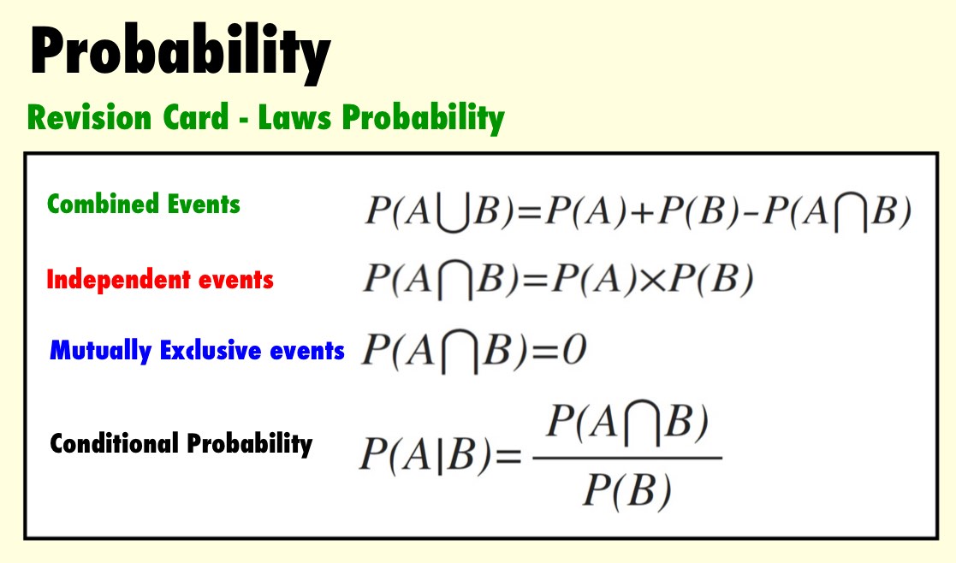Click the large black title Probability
181,54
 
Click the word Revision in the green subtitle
89,117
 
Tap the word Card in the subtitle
196,117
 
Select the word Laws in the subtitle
294,117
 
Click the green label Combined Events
143,204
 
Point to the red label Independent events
160,280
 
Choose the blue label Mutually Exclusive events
197,351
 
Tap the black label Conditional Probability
181,443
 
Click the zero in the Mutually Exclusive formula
573,350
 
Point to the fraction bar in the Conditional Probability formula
627,458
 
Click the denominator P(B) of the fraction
627,490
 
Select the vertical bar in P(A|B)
440,454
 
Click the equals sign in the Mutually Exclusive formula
543,351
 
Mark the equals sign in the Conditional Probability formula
508,456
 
